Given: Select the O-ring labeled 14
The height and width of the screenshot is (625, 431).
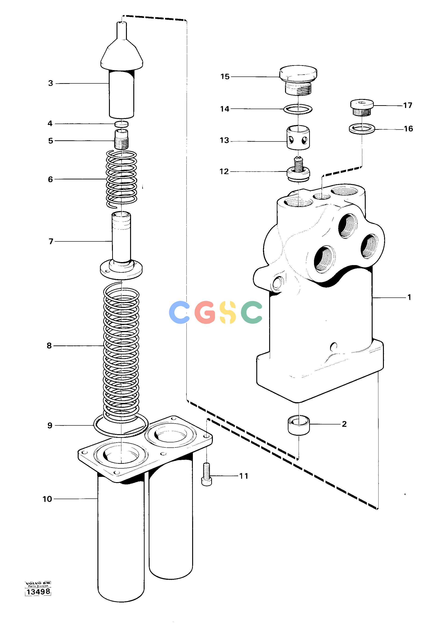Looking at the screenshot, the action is tap(298, 109).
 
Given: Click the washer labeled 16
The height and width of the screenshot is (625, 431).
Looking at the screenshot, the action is tap(362, 128).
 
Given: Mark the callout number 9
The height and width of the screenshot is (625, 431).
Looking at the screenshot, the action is tap(50, 426).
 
